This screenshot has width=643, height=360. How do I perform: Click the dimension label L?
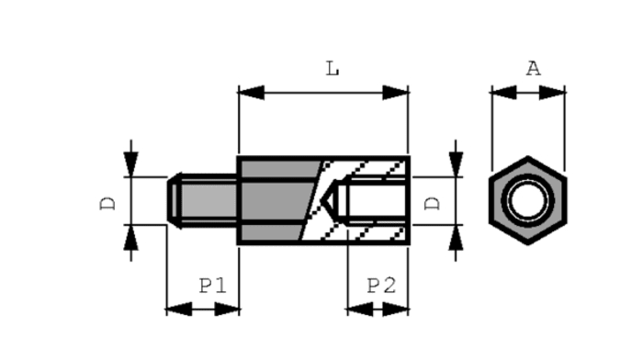pyautogui.click(x=333, y=69)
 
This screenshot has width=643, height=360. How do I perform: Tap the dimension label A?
pyautogui.click(x=534, y=69)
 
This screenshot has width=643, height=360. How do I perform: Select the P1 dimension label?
pyautogui.click(x=213, y=286)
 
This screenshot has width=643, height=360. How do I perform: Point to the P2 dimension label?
pyautogui.click(x=381, y=286)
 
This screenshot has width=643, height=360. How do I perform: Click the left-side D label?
pyautogui.click(x=107, y=203)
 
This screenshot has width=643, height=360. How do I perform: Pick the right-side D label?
pyautogui.click(x=433, y=203)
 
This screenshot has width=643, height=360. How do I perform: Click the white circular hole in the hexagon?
pyautogui.click(x=528, y=201)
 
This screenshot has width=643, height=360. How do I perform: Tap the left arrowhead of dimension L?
pyautogui.click(x=251, y=93)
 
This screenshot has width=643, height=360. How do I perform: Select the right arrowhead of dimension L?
pyautogui.click(x=395, y=93)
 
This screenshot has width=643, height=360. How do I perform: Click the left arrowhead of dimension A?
pyautogui.click(x=503, y=93)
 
